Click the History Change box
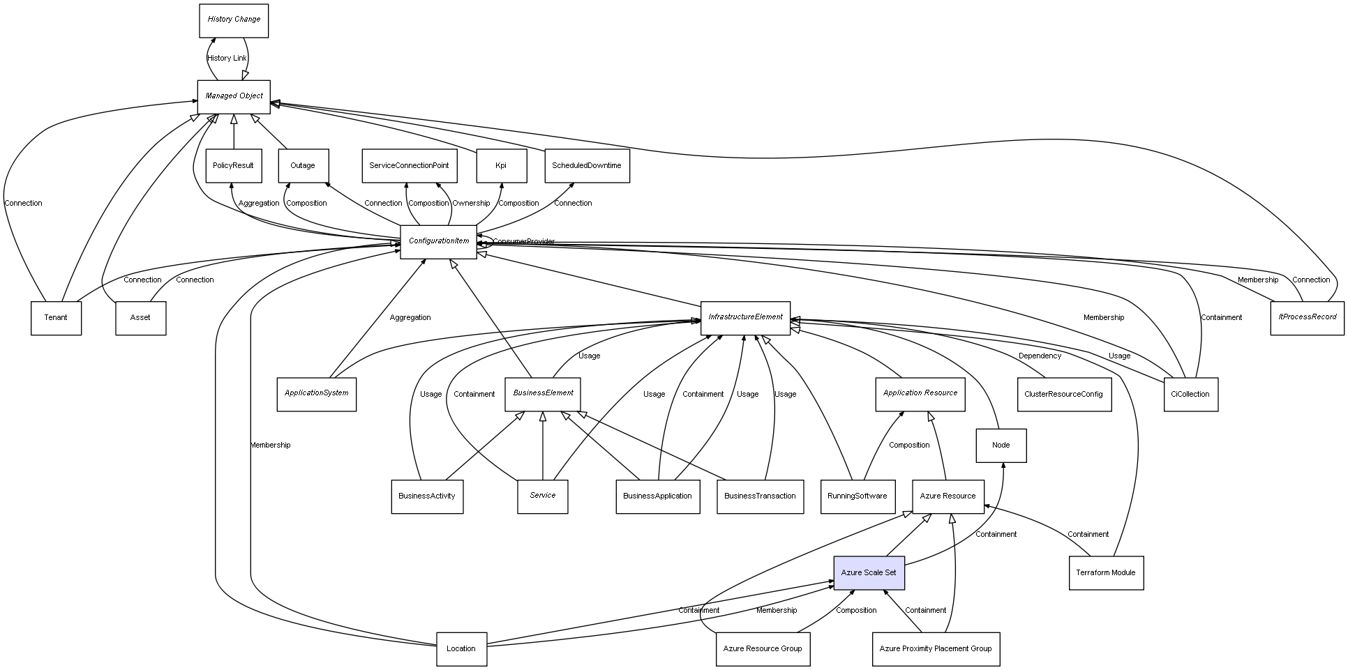(x=234, y=20)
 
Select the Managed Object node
(x=234, y=96)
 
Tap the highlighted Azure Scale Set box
(x=869, y=573)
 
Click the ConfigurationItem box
(x=439, y=241)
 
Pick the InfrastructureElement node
(x=745, y=317)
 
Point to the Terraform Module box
(x=1106, y=573)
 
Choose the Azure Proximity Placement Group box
(x=936, y=649)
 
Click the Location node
(x=461, y=649)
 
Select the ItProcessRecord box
(x=1308, y=317)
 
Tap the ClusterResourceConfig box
(x=1064, y=394)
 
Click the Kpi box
(x=501, y=166)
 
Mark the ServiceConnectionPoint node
(x=410, y=166)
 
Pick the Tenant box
(x=56, y=318)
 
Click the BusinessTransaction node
(x=760, y=496)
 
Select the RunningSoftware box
(x=858, y=496)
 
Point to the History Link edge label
(x=227, y=59)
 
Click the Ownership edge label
(x=471, y=204)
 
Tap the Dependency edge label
(x=1040, y=356)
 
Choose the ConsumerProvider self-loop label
(x=524, y=242)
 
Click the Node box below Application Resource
(x=1001, y=446)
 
